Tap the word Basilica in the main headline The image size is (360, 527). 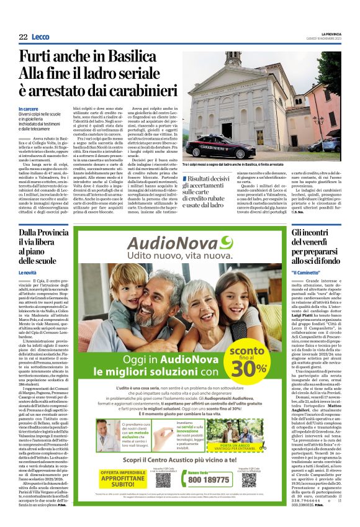point(125,56)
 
